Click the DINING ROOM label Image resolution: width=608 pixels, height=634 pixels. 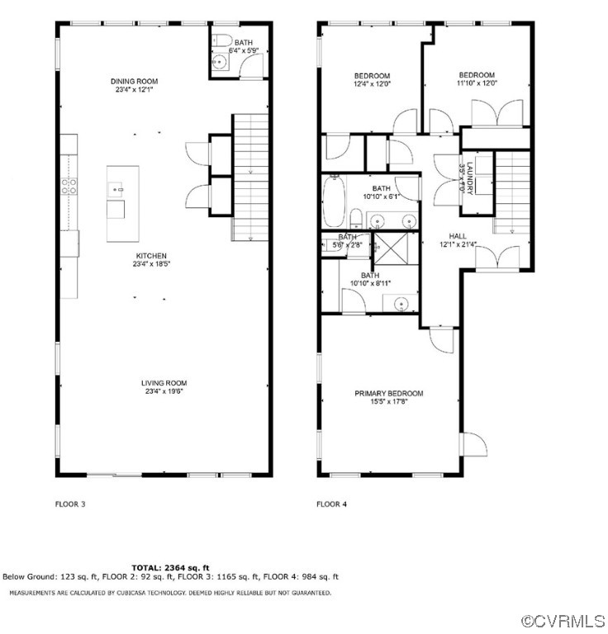(135, 81)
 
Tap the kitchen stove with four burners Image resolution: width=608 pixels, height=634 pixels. (69, 187)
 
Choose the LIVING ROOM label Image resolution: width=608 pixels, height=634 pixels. (164, 383)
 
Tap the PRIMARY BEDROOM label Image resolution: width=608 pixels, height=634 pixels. (388, 393)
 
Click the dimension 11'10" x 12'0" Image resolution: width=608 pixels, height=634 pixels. (477, 83)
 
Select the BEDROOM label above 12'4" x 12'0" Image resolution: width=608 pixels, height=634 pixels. (372, 74)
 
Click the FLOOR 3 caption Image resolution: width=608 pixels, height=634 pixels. (70, 503)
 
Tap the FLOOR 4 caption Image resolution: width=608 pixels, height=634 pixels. (332, 503)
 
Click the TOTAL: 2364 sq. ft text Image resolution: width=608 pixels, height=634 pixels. (171, 567)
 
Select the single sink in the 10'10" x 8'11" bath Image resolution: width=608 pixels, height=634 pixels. (401, 304)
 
